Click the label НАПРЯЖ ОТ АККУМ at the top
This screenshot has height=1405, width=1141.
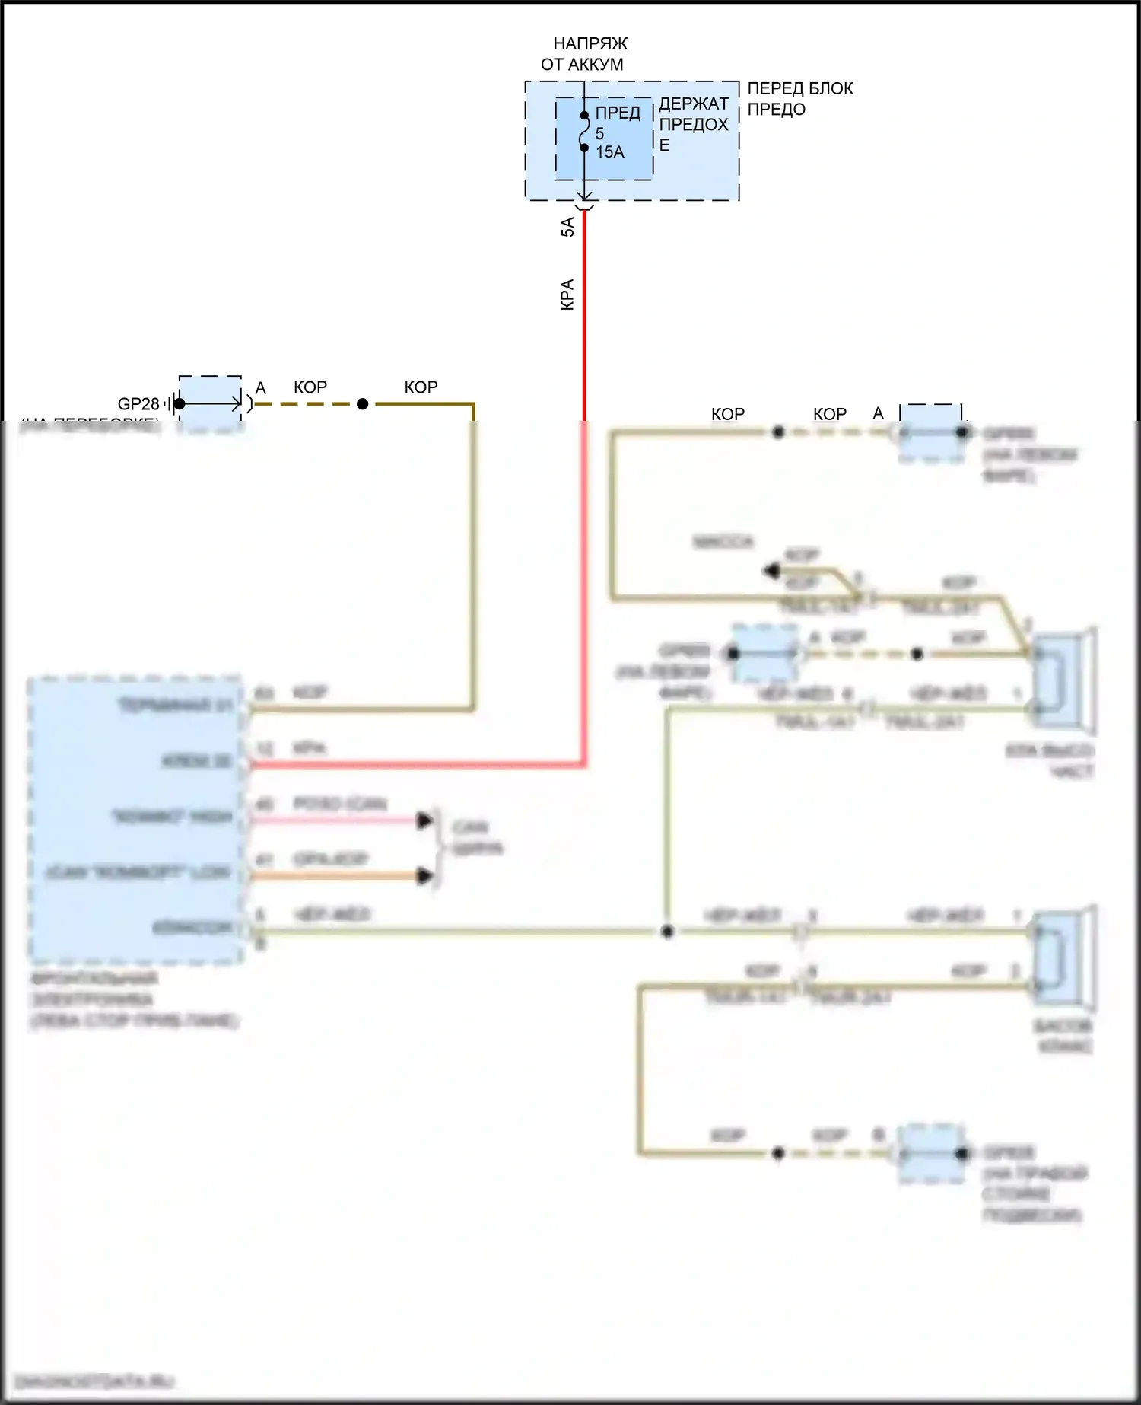coord(583,54)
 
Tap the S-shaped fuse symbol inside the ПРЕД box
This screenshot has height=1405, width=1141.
coord(584,132)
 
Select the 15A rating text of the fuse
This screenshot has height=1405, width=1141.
coord(610,152)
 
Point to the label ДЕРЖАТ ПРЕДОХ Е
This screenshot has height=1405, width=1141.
coord(693,124)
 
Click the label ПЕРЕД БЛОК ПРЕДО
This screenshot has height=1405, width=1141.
coord(799,99)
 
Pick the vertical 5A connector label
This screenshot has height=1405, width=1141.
coord(567,227)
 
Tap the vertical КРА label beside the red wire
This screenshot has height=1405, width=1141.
coord(567,295)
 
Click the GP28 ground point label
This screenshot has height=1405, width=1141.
coord(138,404)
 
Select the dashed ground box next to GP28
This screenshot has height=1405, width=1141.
coord(209,403)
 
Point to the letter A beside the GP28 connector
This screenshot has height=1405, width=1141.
coord(260,389)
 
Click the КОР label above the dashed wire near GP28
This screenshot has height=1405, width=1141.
coord(310,387)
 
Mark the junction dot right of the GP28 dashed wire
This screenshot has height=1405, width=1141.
coord(363,404)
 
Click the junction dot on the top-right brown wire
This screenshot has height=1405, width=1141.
coord(778,432)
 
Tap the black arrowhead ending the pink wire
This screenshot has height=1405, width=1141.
coord(424,820)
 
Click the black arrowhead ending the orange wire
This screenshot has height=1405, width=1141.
coord(424,876)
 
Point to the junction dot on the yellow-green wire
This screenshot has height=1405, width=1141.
coord(667,932)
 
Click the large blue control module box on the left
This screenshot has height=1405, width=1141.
coord(135,818)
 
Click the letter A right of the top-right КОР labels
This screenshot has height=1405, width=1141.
coord(879,413)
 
